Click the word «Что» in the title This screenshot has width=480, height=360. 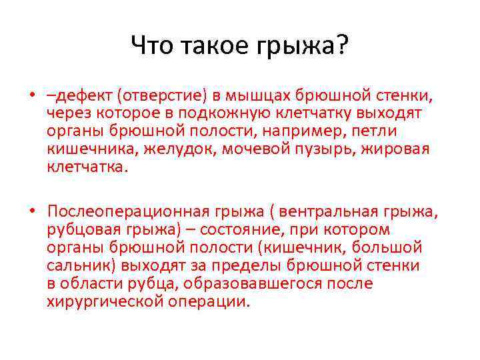pos(150,46)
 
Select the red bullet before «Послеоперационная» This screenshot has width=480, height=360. pos(31,212)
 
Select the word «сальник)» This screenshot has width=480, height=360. pos(79,266)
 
